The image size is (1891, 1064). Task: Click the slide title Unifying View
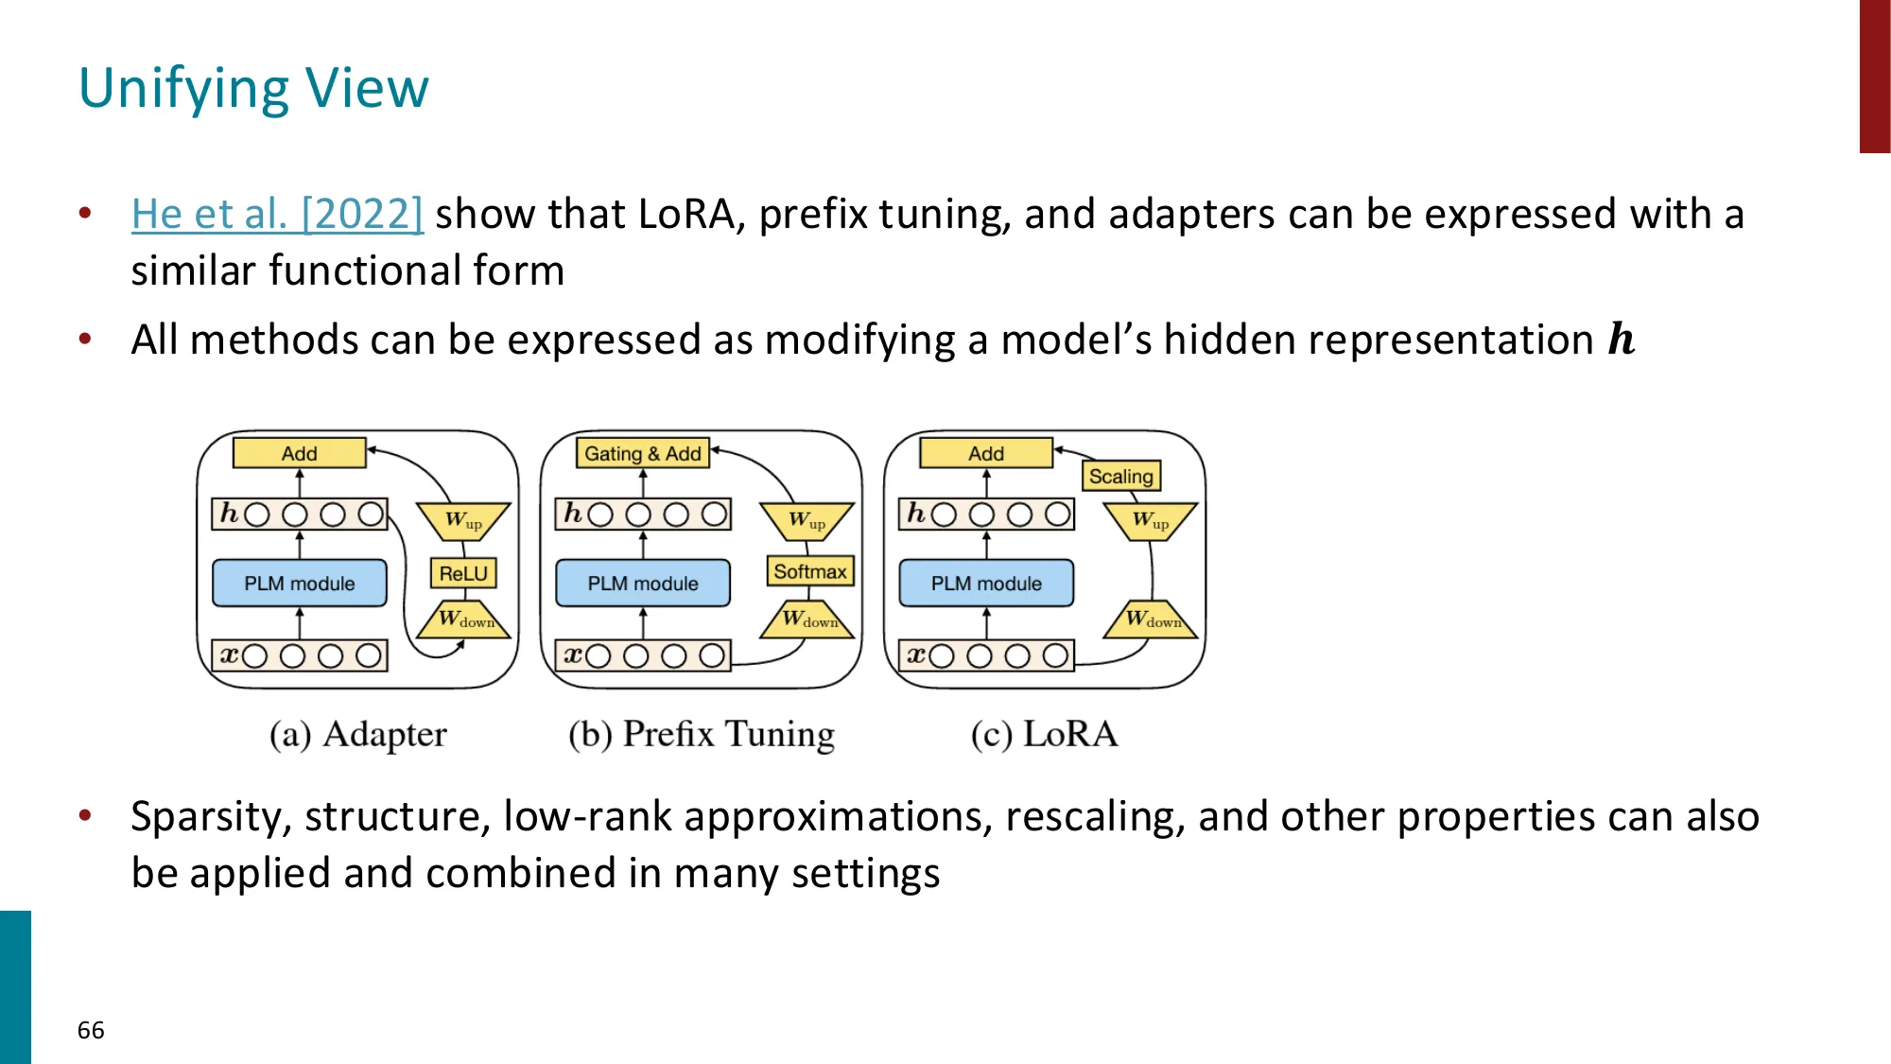click(253, 89)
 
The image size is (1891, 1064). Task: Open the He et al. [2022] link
click(277, 214)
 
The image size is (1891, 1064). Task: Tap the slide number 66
click(91, 1030)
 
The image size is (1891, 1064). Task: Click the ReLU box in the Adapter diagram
click(463, 573)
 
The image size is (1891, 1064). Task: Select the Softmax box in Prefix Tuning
click(809, 571)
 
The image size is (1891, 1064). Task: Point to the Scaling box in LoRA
click(1120, 476)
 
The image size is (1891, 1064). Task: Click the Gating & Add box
click(643, 453)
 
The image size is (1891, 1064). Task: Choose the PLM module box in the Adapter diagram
click(300, 584)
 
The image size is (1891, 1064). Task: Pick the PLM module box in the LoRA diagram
click(986, 584)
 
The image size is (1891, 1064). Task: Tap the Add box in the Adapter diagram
click(300, 453)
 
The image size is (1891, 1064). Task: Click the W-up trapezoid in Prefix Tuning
click(807, 520)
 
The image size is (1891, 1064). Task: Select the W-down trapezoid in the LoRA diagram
click(1151, 620)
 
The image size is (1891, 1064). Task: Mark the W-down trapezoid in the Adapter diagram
click(464, 620)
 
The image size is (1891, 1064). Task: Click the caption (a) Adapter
click(357, 735)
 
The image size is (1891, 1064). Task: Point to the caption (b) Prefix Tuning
click(702, 735)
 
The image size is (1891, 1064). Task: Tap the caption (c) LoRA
click(1044, 735)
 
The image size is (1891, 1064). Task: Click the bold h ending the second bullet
click(1622, 340)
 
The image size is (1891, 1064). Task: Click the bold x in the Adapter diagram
click(229, 654)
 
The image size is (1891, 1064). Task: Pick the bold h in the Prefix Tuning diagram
click(573, 514)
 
